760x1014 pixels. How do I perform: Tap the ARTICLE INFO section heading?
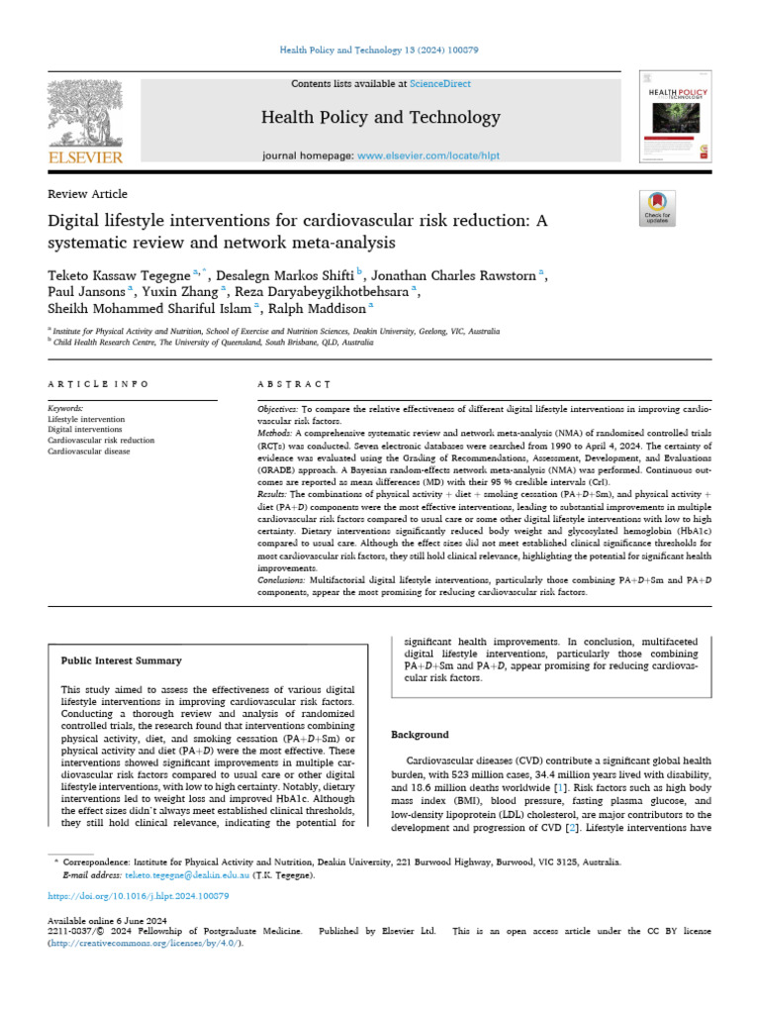click(99, 383)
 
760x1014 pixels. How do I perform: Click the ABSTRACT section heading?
click(295, 383)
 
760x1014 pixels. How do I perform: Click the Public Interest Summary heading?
click(121, 660)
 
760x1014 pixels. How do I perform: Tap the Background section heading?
click(421, 735)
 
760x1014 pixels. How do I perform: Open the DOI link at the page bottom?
click(139, 895)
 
